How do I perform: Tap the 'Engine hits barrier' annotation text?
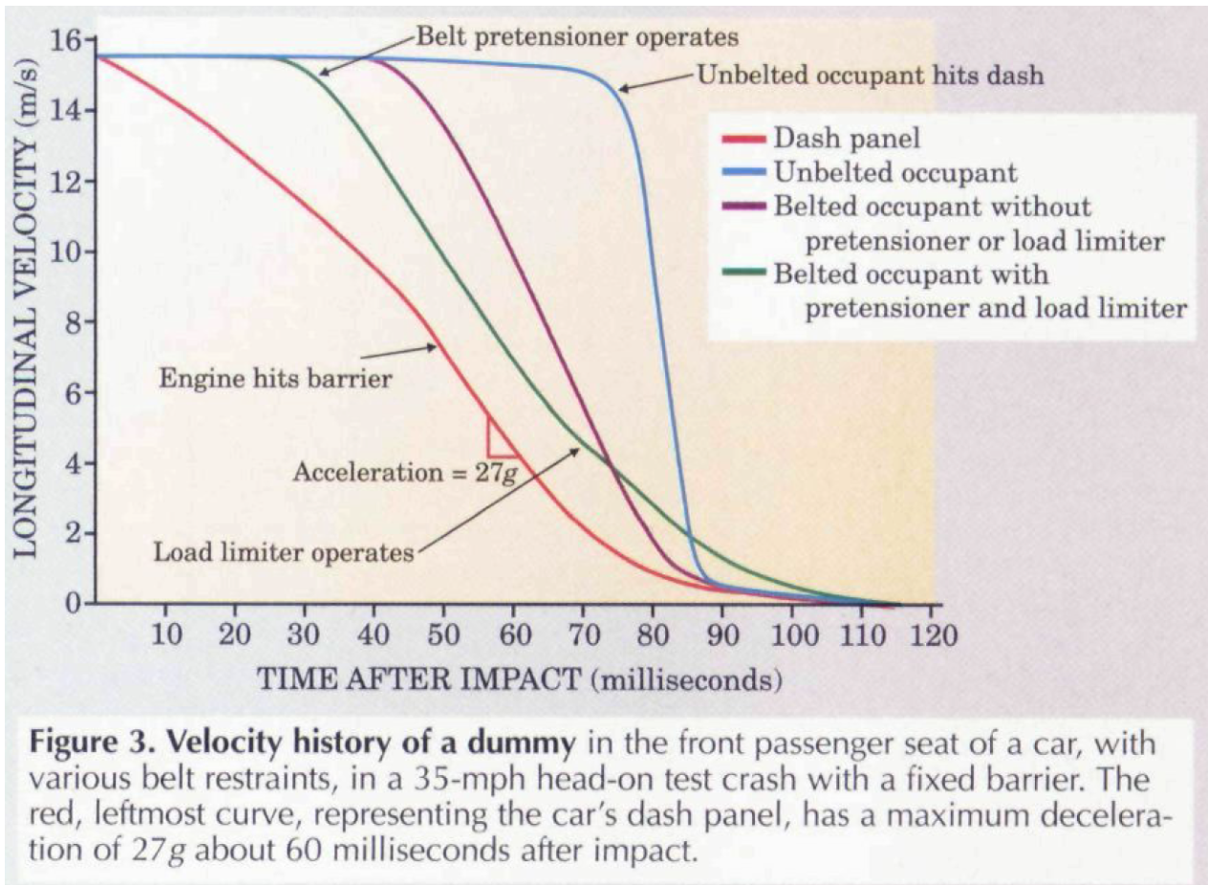(x=275, y=378)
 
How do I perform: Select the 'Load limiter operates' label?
(x=283, y=551)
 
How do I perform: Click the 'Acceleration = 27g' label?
(x=404, y=471)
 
